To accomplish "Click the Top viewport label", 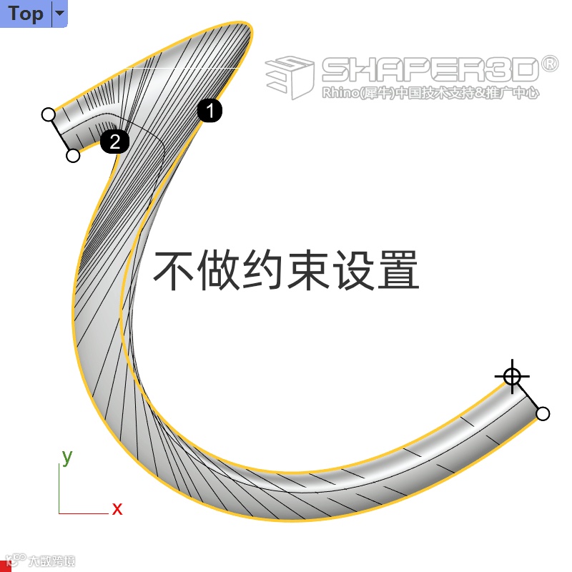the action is pyautogui.click(x=26, y=14).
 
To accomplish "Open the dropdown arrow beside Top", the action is pyautogui.click(x=60, y=14).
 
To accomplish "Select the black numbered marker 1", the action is pyautogui.click(x=209, y=111).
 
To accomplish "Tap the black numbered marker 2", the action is pyautogui.click(x=114, y=141).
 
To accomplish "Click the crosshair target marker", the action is pyautogui.click(x=512, y=376).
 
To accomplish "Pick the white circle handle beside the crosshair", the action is pyautogui.click(x=543, y=413).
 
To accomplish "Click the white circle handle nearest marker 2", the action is pyautogui.click(x=73, y=155).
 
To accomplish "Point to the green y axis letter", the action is pyautogui.click(x=67, y=456).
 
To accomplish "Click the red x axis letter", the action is pyautogui.click(x=117, y=509).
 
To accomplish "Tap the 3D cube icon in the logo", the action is pyautogui.click(x=290, y=76).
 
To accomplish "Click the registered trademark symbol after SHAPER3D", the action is pyautogui.click(x=549, y=64).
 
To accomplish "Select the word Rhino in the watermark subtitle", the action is pyautogui.click(x=338, y=93).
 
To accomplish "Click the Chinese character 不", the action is pyautogui.click(x=174, y=270).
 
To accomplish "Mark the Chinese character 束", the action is pyautogui.click(x=308, y=270).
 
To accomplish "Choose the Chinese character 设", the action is pyautogui.click(x=352, y=270).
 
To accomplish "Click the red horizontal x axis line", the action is pyautogui.click(x=82, y=513).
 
